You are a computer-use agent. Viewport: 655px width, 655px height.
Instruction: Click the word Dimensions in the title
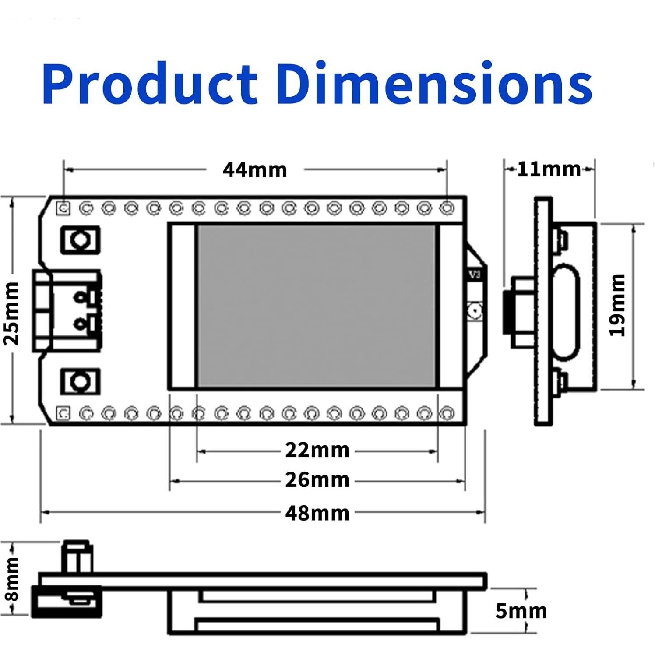pyautogui.click(x=433, y=84)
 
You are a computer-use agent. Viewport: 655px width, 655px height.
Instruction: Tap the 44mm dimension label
pyautogui.click(x=255, y=170)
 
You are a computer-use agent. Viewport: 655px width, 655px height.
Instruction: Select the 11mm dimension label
pyautogui.click(x=549, y=169)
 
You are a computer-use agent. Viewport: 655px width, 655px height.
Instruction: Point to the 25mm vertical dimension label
pyautogui.click(x=12, y=313)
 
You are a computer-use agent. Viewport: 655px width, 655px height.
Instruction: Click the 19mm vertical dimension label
pyautogui.click(x=618, y=305)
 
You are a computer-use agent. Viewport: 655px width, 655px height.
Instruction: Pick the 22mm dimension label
pyautogui.click(x=317, y=450)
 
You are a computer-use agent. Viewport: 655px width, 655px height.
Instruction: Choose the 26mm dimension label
pyautogui.click(x=317, y=480)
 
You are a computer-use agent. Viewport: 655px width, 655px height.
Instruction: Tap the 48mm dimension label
pyautogui.click(x=317, y=513)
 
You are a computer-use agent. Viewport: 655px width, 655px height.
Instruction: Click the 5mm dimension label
pyautogui.click(x=521, y=611)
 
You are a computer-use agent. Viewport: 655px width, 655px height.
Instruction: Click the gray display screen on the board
pyautogui.click(x=316, y=306)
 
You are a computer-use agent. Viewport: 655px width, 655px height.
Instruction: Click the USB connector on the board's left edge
pyautogui.click(x=66, y=311)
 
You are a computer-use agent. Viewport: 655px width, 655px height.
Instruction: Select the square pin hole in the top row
pyautogui.click(x=64, y=208)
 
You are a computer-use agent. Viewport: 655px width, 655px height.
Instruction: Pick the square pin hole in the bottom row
pyautogui.click(x=64, y=413)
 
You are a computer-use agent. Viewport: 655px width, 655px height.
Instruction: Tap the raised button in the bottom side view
pyautogui.click(x=77, y=557)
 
